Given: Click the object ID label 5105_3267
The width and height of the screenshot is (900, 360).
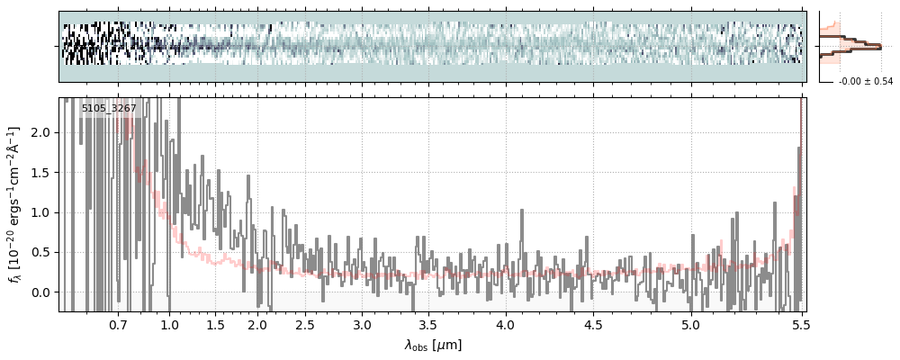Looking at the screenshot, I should tap(109, 109).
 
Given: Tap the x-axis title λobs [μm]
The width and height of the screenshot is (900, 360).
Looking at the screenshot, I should tap(433, 345).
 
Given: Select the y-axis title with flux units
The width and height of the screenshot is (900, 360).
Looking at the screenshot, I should tap(15, 204).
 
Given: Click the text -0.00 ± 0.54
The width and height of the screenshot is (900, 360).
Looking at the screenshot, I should tap(865, 82).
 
